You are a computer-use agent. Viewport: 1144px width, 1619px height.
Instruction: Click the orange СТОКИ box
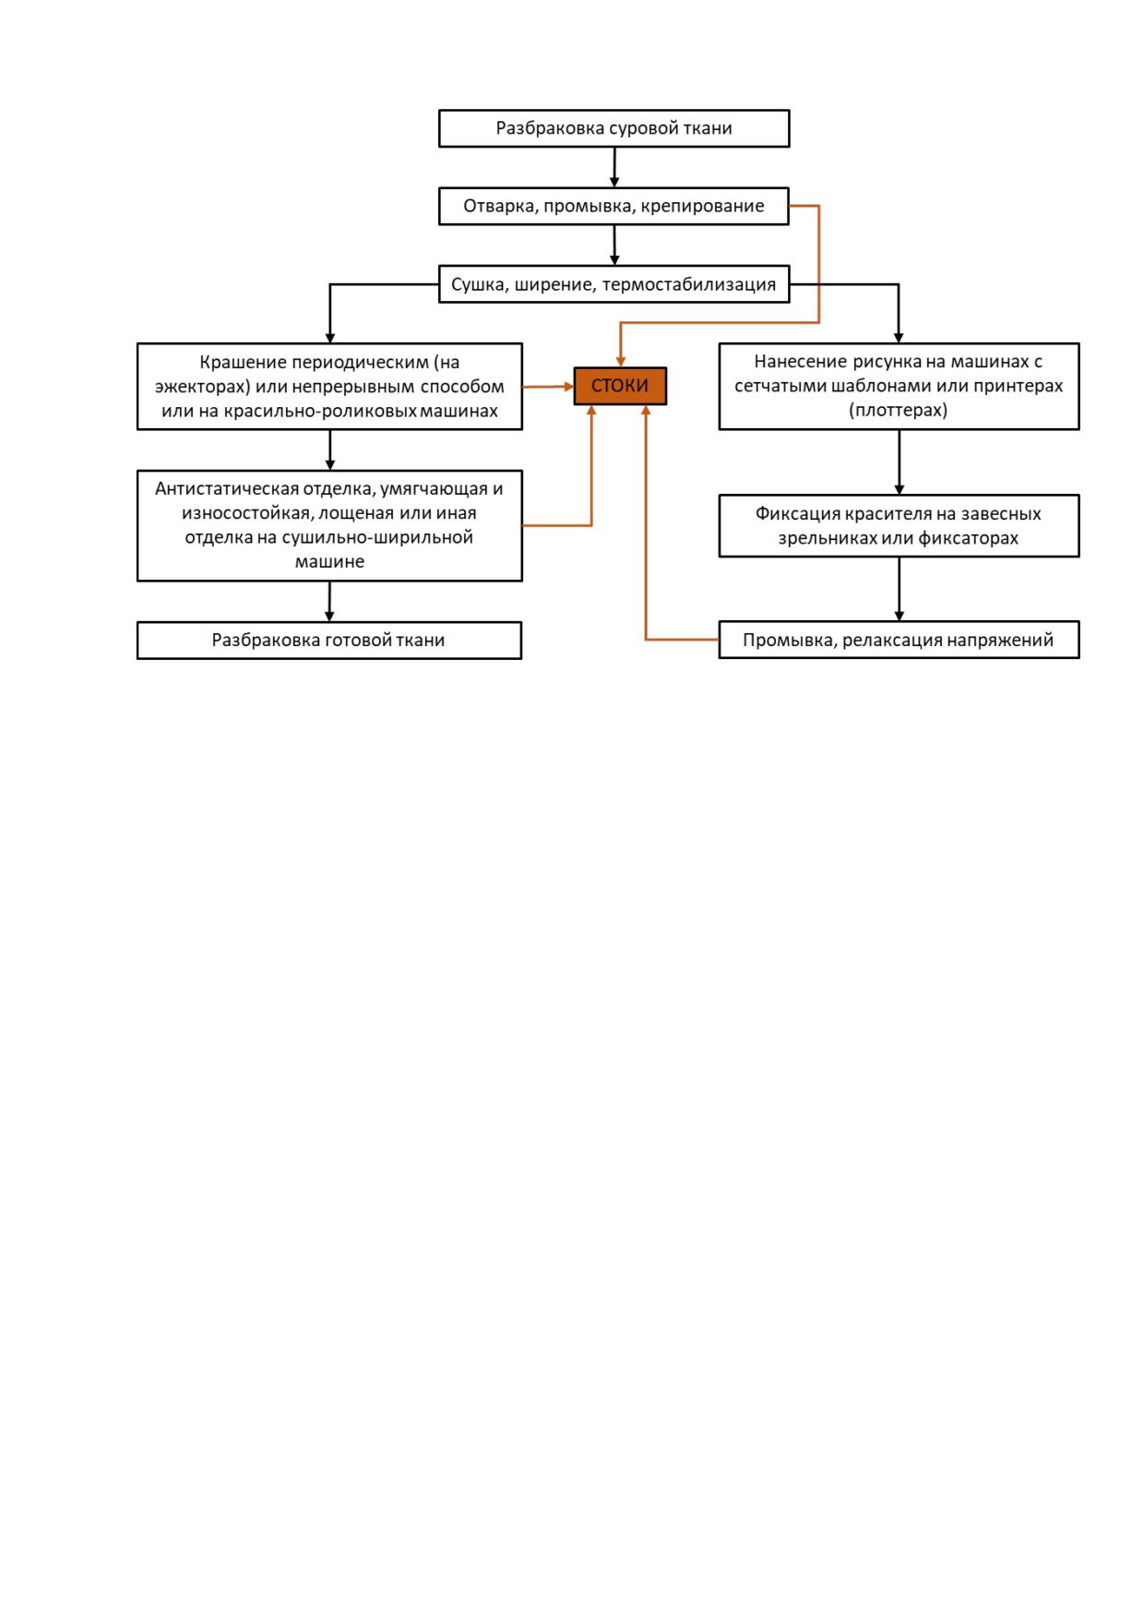pos(620,386)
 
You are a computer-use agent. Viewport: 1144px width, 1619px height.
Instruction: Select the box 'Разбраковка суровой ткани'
pos(614,128)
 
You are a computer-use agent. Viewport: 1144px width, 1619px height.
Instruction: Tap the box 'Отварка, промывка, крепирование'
pos(614,206)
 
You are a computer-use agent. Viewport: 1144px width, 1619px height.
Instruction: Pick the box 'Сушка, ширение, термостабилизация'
pos(614,284)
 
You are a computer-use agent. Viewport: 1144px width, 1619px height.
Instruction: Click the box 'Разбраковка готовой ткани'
pos(329,640)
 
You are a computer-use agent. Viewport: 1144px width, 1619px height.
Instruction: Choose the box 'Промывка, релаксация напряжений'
pos(899,640)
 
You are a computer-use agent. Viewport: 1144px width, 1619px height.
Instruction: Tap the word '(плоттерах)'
pos(899,410)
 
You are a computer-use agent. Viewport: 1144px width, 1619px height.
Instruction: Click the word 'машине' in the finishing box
pos(329,561)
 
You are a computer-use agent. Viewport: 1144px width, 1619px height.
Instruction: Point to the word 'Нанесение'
pos(796,362)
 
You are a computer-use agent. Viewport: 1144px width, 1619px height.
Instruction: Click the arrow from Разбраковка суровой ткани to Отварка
pos(614,167)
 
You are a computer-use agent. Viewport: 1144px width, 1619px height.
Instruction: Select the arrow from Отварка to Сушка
pos(614,245)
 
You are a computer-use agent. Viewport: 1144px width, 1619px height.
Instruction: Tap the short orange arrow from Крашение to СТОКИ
pos(548,387)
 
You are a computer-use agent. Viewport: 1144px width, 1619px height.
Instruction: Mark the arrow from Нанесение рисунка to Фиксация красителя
pos(899,462)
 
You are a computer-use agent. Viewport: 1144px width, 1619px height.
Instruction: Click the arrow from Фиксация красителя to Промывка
pos(899,589)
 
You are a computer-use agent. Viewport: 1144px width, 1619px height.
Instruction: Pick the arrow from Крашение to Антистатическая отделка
pos(329,450)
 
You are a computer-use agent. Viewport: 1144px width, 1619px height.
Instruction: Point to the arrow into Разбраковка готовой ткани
pos(329,601)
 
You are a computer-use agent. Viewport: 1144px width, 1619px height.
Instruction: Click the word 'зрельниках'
pos(827,538)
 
